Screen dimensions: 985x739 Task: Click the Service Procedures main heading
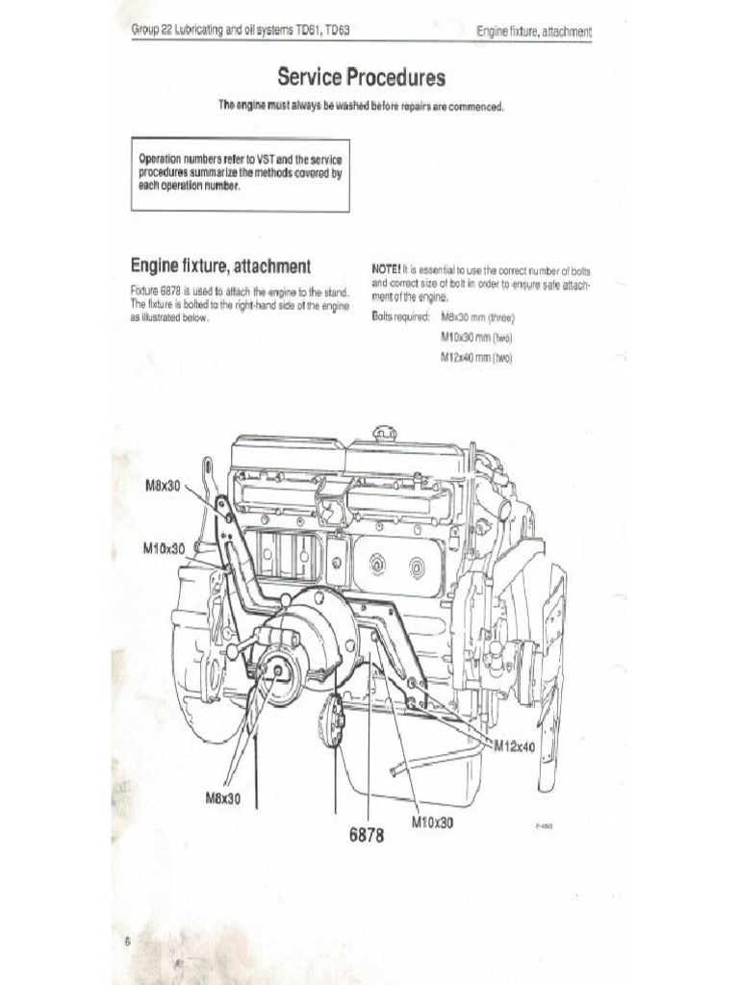coord(361,76)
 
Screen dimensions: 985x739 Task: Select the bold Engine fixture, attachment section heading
coord(219,265)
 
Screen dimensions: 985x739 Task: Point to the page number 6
coord(126,943)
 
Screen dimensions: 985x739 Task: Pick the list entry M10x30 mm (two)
coord(475,338)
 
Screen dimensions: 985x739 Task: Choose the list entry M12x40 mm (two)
coord(475,358)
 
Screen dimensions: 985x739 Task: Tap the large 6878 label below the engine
coord(367,836)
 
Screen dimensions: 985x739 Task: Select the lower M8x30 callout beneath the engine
coord(223,798)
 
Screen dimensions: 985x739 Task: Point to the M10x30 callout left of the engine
coord(164,547)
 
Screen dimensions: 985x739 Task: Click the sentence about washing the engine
coord(361,106)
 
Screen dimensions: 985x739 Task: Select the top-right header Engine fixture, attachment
coord(533,32)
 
